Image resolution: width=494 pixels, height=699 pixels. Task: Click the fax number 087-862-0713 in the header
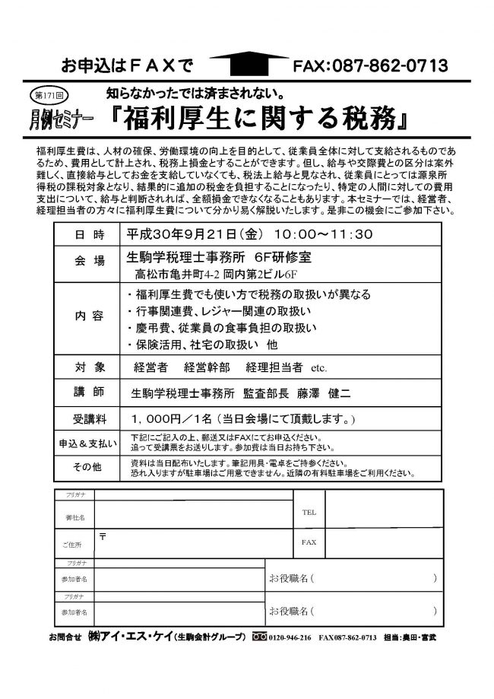click(388, 66)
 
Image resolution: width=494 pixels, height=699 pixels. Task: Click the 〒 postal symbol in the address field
click(102, 535)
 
